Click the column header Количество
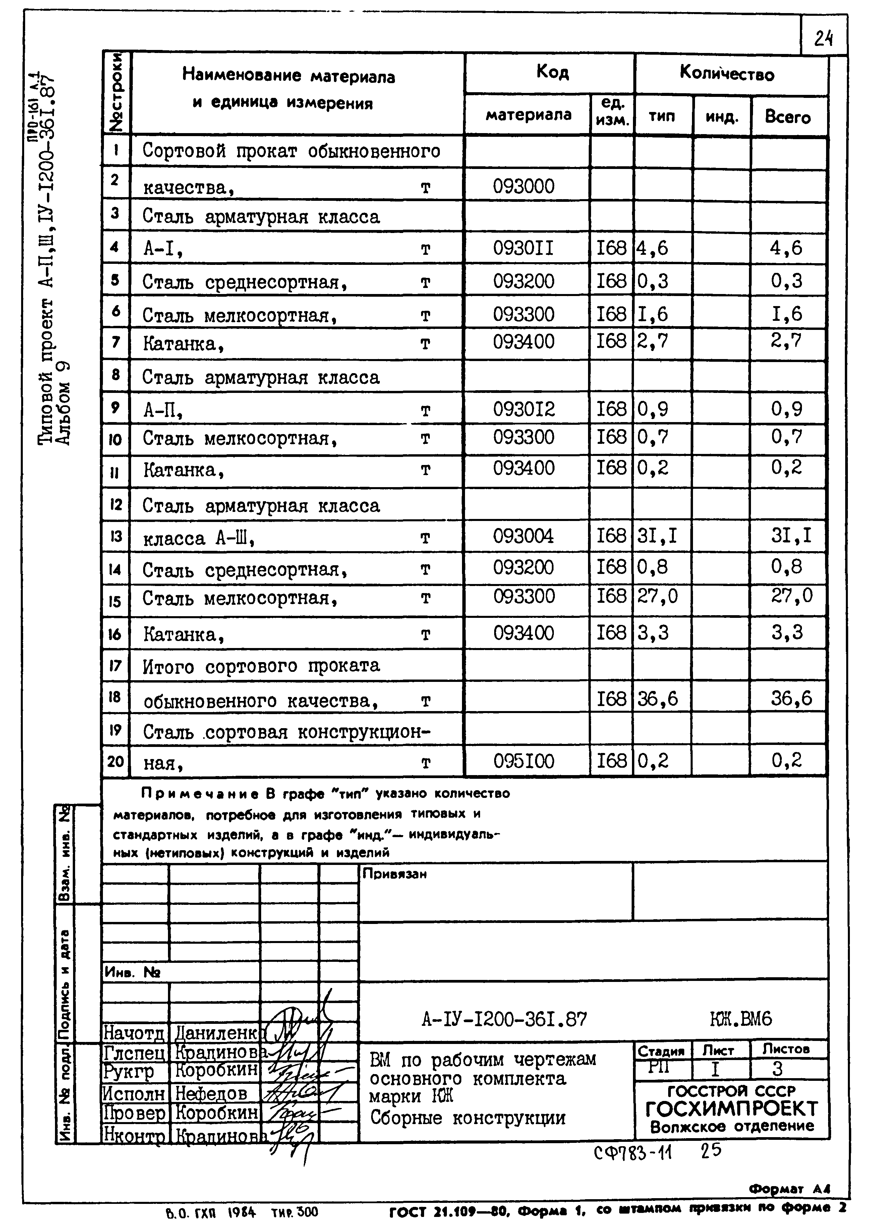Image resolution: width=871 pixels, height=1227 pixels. tap(727, 73)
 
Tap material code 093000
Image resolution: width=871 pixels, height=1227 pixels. tap(523, 187)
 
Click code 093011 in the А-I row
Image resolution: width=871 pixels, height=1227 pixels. tap(523, 248)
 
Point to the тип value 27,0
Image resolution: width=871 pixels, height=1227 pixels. tap(657, 596)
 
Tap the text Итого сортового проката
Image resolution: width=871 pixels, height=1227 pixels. tap(261, 666)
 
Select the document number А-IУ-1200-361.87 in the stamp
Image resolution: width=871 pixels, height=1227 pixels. tap(504, 1019)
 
